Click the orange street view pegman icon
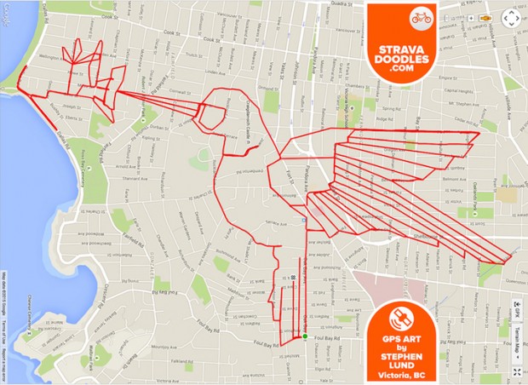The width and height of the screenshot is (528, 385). pyautogui.click(x=485, y=16)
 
